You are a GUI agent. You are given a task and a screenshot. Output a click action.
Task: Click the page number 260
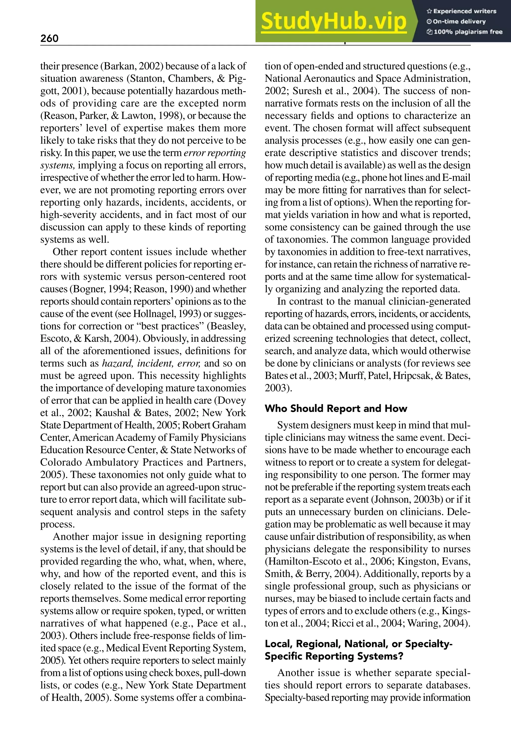click(x=49, y=38)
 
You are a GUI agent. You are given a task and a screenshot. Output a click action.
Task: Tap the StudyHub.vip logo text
click(x=334, y=21)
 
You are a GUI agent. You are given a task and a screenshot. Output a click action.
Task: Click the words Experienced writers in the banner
click(x=465, y=11)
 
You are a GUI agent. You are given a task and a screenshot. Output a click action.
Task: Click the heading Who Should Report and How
click(x=336, y=409)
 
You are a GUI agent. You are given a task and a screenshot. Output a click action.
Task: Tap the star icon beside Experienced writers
click(x=429, y=11)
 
